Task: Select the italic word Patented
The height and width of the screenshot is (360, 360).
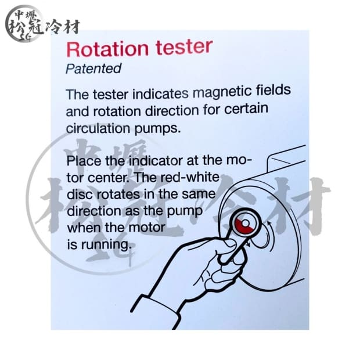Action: click(x=93, y=69)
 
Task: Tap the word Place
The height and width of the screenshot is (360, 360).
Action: click(x=83, y=160)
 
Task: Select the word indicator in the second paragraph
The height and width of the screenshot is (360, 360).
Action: click(x=145, y=160)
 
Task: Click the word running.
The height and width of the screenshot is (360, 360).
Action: click(x=107, y=245)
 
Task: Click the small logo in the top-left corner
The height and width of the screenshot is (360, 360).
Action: click(x=41, y=24)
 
